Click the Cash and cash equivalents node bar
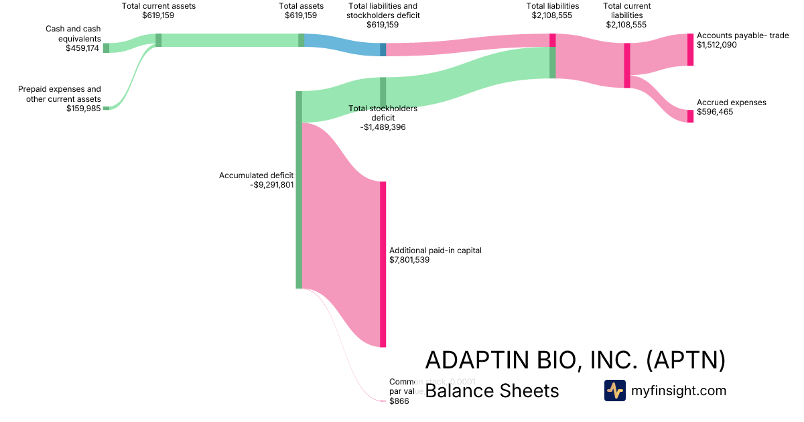[106, 48]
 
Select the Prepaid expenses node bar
[106, 107]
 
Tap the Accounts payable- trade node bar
[690, 50]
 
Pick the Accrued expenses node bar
[690, 115]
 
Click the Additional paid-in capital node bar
[383, 264]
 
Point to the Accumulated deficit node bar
[299, 190]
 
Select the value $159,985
[83, 108]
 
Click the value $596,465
[715, 112]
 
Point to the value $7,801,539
[409, 260]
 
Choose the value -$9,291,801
[271, 185]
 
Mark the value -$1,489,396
[383, 127]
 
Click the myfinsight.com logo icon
[614, 391]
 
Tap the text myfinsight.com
[678, 391]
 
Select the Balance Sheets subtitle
[492, 391]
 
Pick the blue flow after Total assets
[342, 44]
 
